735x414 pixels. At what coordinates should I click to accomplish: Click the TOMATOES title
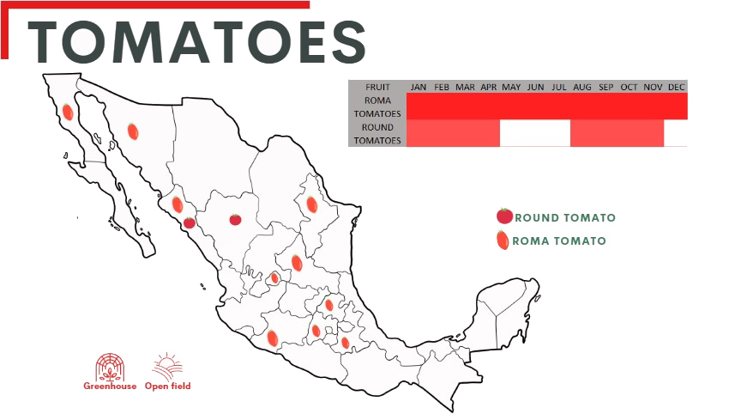click(197, 40)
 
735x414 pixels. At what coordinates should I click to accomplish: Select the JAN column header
click(419, 87)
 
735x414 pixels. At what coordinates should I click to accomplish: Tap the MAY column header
click(512, 87)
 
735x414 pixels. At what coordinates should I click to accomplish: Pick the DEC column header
click(676, 87)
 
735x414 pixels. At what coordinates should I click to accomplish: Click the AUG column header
click(582, 87)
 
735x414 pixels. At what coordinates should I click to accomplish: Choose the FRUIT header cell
click(377, 87)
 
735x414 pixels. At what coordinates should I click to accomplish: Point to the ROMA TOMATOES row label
click(377, 107)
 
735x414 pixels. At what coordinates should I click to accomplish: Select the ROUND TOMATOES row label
click(377, 133)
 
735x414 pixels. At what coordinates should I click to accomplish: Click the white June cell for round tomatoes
click(535, 133)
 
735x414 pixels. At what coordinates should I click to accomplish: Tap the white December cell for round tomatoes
click(676, 133)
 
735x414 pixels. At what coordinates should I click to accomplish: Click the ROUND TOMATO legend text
click(565, 218)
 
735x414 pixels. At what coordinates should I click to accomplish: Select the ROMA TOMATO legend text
click(559, 241)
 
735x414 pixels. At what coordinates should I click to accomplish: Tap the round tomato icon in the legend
click(504, 216)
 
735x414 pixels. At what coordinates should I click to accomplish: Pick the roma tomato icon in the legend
click(503, 240)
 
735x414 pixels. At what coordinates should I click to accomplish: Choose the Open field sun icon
click(167, 367)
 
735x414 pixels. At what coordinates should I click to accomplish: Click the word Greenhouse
click(109, 387)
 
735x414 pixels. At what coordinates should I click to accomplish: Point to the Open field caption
click(168, 387)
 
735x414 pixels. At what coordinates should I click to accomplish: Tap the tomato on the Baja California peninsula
click(67, 111)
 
